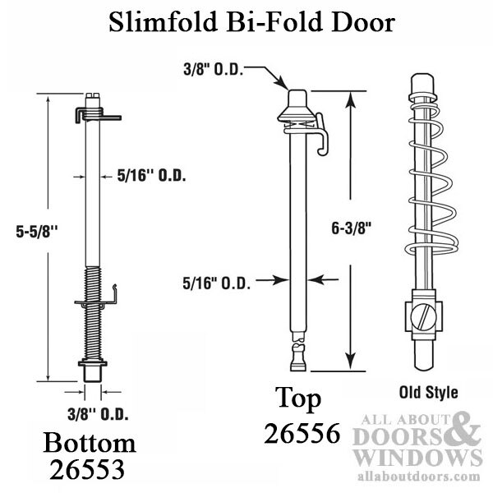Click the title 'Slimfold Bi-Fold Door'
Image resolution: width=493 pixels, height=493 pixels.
pos(246,23)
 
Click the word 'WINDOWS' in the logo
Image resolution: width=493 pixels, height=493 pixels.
pos(418,456)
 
